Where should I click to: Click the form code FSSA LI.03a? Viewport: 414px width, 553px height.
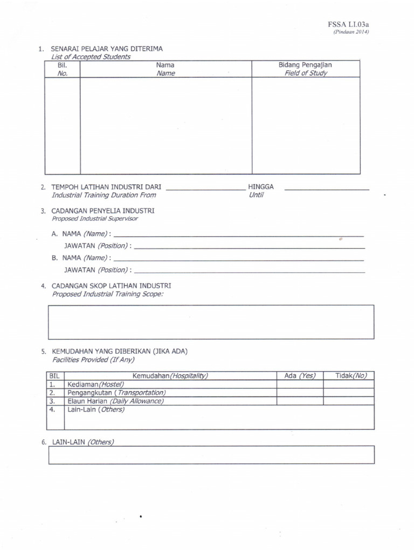pyautogui.click(x=348, y=24)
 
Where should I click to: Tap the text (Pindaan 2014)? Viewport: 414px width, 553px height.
pyautogui.click(x=351, y=32)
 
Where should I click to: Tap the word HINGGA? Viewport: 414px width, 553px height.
pyautogui.click(x=261, y=187)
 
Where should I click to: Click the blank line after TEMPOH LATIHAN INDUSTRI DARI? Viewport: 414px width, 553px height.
pyautogui.click(x=205, y=189)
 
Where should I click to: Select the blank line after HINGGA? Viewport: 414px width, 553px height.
pyautogui.click(x=326, y=189)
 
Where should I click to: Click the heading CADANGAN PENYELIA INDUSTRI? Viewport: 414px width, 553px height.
pyautogui.click(x=103, y=211)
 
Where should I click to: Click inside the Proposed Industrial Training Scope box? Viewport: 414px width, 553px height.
pyautogui.click(x=211, y=322)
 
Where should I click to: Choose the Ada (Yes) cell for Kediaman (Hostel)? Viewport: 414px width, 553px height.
pyautogui.click(x=300, y=384)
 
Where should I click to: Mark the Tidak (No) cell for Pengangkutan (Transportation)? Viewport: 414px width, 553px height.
pyautogui.click(x=348, y=393)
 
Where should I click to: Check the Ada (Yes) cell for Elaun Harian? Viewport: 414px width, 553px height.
pyautogui.click(x=300, y=401)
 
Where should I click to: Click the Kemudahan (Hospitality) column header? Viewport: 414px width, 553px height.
pyautogui.click(x=170, y=375)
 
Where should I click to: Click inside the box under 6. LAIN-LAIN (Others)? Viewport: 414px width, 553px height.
pyautogui.click(x=211, y=455)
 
